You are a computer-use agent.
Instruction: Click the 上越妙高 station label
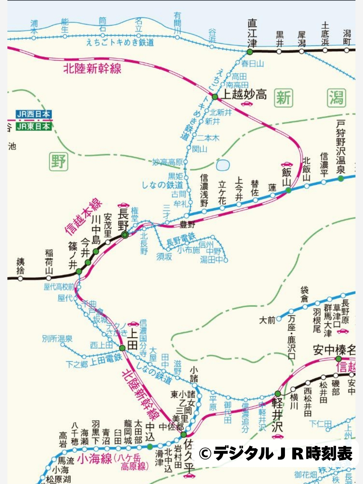pos(244,94)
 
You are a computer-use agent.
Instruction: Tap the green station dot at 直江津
pos(250,52)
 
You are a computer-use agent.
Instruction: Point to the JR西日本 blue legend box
pos(33,114)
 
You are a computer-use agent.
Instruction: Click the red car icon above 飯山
pos(286,164)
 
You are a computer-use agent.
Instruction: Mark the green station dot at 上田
pos(122,348)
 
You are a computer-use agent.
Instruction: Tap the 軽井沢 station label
pos(277,415)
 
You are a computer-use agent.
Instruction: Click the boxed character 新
pos(283,98)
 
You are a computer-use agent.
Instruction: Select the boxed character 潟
pos(336,98)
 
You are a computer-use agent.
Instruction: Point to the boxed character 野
pos(58,161)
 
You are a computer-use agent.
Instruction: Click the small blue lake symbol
pos(223,165)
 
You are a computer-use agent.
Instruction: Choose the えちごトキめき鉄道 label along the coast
pos(120,42)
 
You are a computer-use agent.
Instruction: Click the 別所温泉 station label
pos(57,338)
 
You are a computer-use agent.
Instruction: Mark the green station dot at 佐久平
pos(184,435)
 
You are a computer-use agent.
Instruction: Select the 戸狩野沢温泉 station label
pos(341,147)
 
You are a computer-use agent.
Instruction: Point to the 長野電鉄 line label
pos(181,240)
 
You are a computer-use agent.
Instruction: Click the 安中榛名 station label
pos(334,350)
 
